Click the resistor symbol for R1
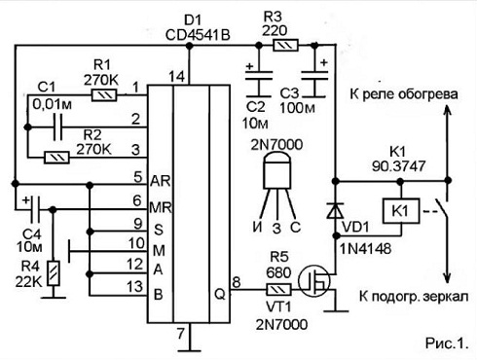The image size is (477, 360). tap(104, 95)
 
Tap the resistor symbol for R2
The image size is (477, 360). tap(56, 158)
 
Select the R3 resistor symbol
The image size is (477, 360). tap(285, 46)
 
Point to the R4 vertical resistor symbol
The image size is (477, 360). tap(54, 273)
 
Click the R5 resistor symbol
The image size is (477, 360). tap(278, 289)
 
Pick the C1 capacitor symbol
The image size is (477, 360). tap(57, 126)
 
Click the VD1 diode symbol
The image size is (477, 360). tap(335, 210)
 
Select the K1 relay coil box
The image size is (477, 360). tap(401, 211)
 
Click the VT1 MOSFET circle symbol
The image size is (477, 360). tap(314, 281)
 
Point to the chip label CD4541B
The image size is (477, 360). tap(198, 35)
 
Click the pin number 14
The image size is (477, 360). tap(177, 77)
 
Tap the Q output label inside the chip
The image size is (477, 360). tap(220, 295)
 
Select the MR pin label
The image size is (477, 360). tap(161, 207)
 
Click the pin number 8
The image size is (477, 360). tap(236, 282)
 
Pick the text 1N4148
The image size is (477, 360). tap(365, 249)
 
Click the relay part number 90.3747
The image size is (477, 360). tap(398, 166)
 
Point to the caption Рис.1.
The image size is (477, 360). tap(447, 343)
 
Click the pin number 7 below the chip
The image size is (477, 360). tap(181, 333)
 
